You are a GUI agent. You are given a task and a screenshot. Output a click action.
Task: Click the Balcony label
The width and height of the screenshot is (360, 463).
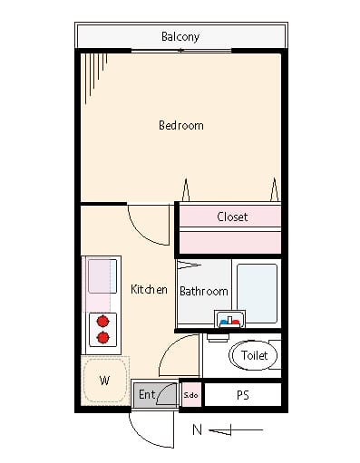[x=180, y=37]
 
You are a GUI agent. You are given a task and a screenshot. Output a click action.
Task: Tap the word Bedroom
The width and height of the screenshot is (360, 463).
[x=181, y=125]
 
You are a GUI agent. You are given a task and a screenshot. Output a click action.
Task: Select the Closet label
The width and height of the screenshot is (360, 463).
[x=232, y=217]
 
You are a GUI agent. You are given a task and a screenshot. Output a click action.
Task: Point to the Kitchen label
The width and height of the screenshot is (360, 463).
[x=149, y=289]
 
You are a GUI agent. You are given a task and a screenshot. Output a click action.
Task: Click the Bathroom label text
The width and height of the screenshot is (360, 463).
[x=204, y=291]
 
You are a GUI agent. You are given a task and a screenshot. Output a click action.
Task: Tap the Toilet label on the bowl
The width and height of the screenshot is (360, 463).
[x=254, y=355]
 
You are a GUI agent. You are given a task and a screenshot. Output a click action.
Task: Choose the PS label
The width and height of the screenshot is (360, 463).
[x=243, y=395]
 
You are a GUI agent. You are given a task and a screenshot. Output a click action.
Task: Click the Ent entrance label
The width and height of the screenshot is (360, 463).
[x=147, y=394]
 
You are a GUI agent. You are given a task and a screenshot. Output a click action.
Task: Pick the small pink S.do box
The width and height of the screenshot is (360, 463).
[x=191, y=395]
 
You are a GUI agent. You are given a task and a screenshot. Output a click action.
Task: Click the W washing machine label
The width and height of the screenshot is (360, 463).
[x=104, y=381]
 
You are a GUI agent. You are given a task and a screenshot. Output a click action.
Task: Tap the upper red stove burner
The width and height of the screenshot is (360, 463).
[x=103, y=321]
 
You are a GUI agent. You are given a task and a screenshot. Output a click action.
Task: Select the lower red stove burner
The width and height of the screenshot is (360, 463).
[x=103, y=337]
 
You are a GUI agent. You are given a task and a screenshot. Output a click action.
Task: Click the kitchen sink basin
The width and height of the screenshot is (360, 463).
[x=102, y=276]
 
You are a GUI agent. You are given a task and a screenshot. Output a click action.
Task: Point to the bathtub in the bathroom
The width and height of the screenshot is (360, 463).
[x=257, y=294]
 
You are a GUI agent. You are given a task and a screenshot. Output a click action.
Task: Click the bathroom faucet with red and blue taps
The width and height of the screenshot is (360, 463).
[x=229, y=319]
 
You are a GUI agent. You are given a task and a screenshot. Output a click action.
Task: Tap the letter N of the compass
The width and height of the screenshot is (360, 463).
[x=197, y=429]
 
